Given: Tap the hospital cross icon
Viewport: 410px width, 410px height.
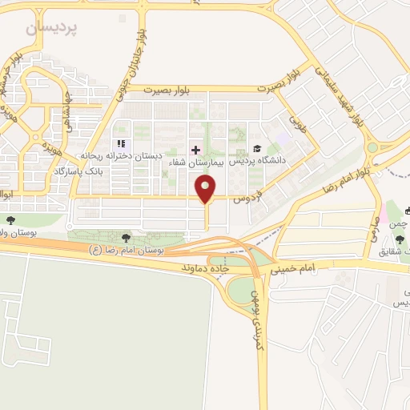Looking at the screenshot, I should point(195,150).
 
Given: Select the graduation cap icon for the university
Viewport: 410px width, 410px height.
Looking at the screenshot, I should point(257,149).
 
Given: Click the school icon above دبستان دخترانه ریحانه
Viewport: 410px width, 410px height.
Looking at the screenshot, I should point(123,145).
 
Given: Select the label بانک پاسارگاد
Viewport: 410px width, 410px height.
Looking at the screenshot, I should point(80,171).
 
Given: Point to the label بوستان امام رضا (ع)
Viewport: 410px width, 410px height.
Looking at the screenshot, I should point(127,250).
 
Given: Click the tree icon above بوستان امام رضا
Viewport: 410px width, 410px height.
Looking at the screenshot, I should point(126,237).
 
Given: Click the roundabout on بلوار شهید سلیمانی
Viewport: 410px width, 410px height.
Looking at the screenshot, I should point(372,148).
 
